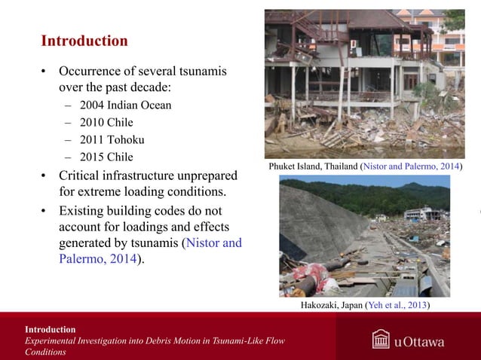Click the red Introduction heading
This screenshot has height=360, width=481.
pyautogui.click(x=84, y=41)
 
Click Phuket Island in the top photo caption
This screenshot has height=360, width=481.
pyautogui.click(x=299, y=166)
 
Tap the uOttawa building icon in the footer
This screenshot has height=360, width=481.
pyautogui.click(x=381, y=340)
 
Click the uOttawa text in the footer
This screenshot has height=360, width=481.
pyautogui.click(x=419, y=342)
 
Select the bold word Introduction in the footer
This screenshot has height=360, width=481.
pyautogui.click(x=50, y=329)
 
